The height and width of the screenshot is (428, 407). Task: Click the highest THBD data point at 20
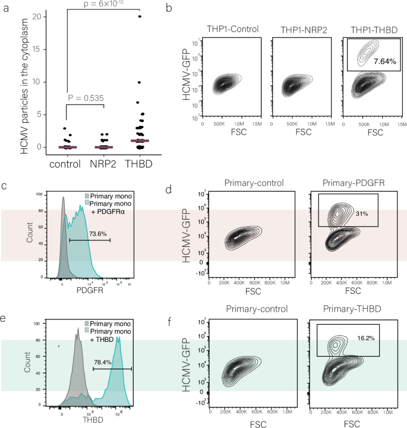140,17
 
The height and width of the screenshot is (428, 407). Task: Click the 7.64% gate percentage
384,61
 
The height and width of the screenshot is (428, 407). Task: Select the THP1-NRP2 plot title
298,29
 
